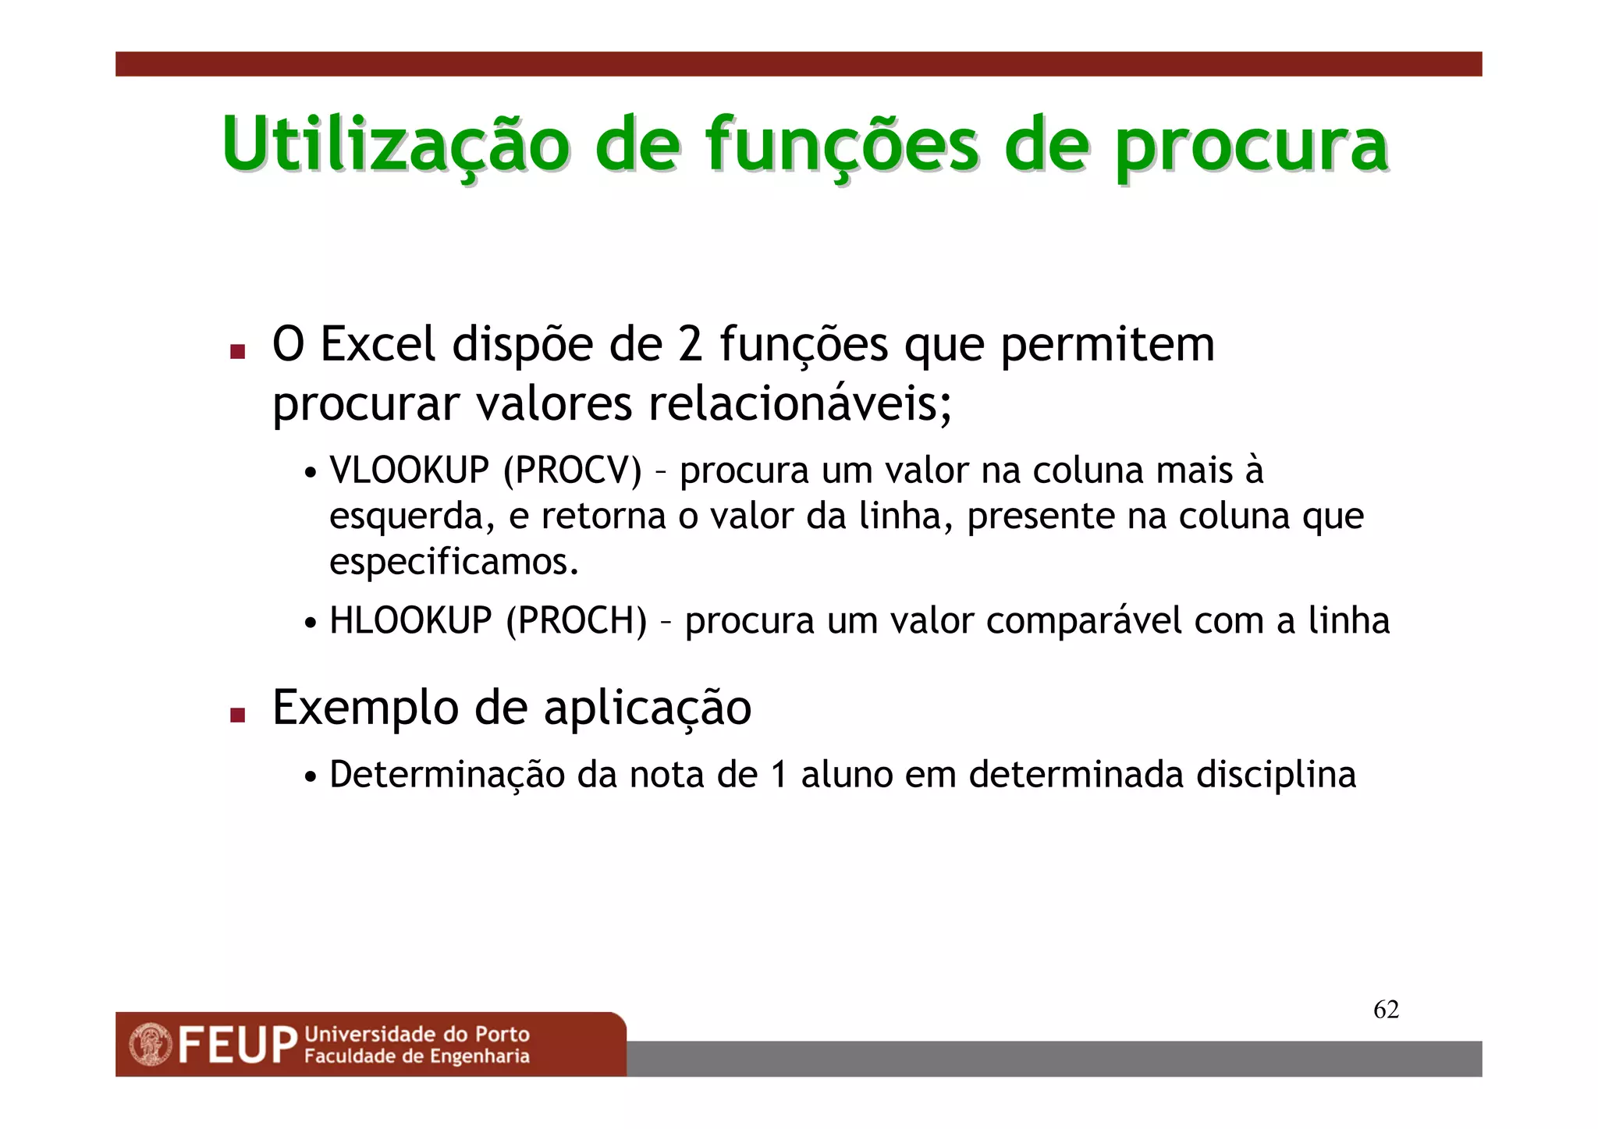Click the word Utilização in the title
pyautogui.click(x=396, y=144)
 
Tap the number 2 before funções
pyautogui.click(x=691, y=344)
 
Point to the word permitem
pyautogui.click(x=1107, y=345)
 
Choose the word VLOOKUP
pyautogui.click(x=409, y=470)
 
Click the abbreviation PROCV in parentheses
pyautogui.click(x=573, y=470)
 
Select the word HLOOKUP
pyautogui.click(x=410, y=621)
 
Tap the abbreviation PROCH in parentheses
pyautogui.click(x=576, y=621)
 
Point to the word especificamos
pyautogui.click(x=453, y=562)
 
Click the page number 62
pyautogui.click(x=1386, y=1010)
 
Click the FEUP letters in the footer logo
pyautogui.click(x=237, y=1046)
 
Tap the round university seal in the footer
pyautogui.click(x=151, y=1045)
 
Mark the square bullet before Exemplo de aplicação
pyautogui.click(x=238, y=715)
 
